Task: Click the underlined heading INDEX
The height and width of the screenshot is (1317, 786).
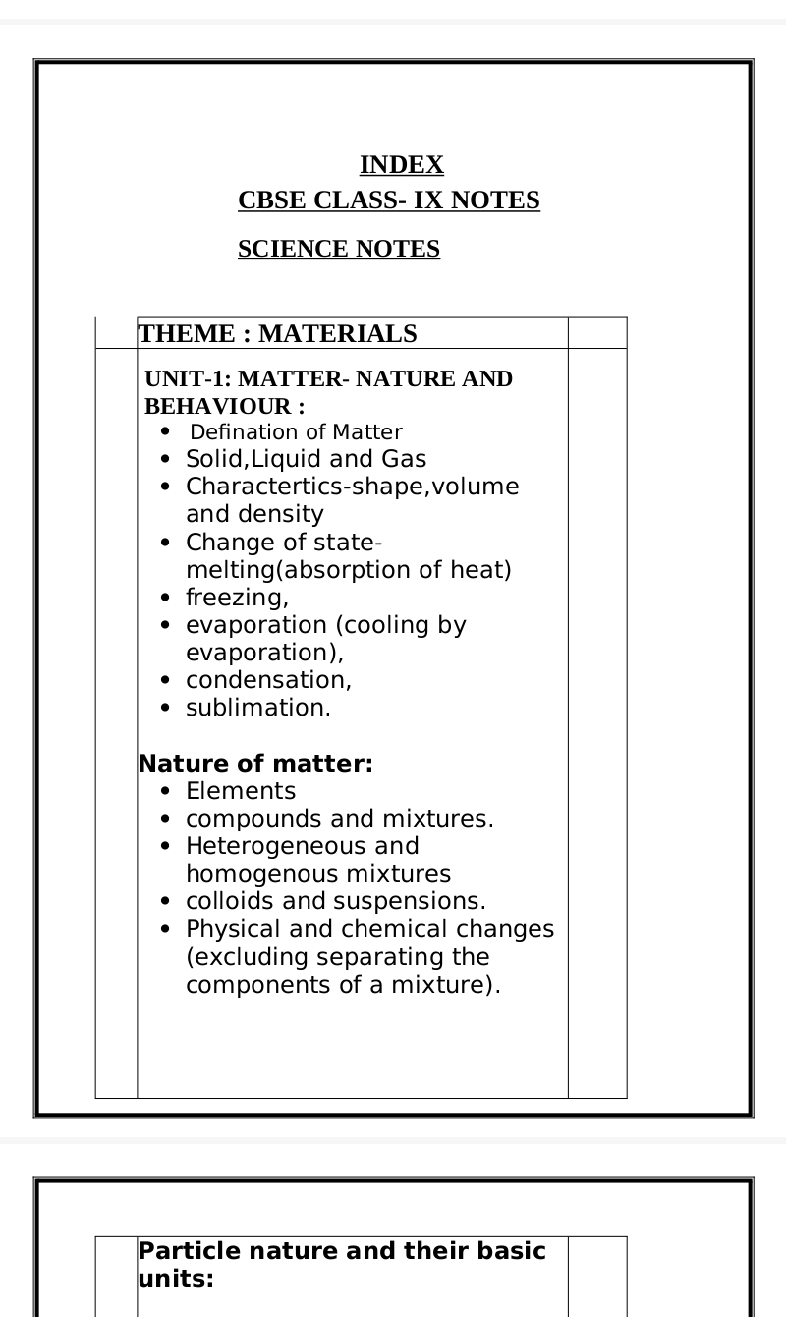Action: (x=401, y=165)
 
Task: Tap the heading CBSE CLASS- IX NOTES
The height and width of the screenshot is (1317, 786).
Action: (x=389, y=200)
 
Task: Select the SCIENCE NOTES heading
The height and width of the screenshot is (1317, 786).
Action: (x=339, y=250)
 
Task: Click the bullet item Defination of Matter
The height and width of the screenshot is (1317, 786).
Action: (x=296, y=432)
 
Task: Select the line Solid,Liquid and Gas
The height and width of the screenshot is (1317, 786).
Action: (x=306, y=459)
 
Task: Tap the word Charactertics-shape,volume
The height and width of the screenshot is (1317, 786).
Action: (x=352, y=487)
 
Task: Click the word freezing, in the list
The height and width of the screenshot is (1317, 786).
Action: (x=237, y=598)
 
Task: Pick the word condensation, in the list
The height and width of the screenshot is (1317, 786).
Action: (x=268, y=680)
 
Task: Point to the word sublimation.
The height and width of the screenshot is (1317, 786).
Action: (x=258, y=708)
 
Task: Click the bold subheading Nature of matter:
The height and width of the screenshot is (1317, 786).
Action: (x=255, y=764)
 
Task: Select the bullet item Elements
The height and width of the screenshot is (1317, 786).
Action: (x=241, y=791)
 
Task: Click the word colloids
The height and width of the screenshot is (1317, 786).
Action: (x=222, y=901)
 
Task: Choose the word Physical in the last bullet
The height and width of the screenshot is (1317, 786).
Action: (x=229, y=929)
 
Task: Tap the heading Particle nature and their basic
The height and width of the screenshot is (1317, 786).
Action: (x=342, y=1251)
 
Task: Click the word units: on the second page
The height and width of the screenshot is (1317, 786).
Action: (x=176, y=1279)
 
